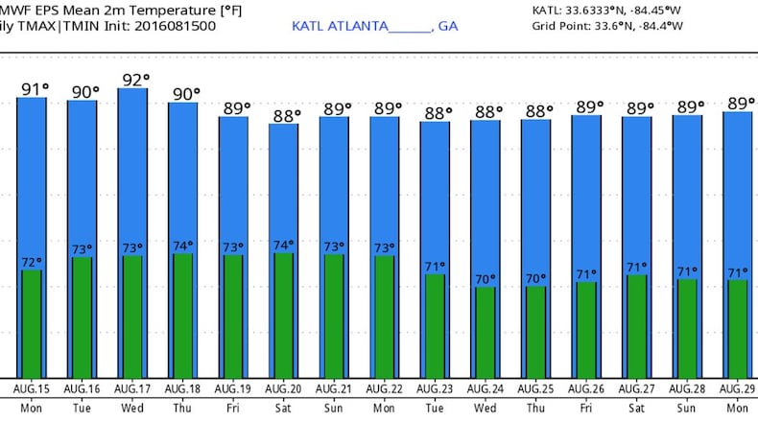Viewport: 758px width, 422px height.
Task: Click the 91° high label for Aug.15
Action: (x=34, y=90)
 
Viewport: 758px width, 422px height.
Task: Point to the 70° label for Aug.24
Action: (x=486, y=279)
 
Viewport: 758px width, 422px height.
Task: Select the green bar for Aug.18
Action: (x=183, y=316)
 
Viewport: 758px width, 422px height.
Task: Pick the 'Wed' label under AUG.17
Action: (x=131, y=407)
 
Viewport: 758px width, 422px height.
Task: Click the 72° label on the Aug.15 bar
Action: (x=32, y=262)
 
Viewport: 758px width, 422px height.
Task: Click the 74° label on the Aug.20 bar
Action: (x=284, y=245)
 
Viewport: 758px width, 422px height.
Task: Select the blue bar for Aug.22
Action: (x=386, y=182)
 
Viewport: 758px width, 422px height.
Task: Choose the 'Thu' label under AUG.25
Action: (x=535, y=407)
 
